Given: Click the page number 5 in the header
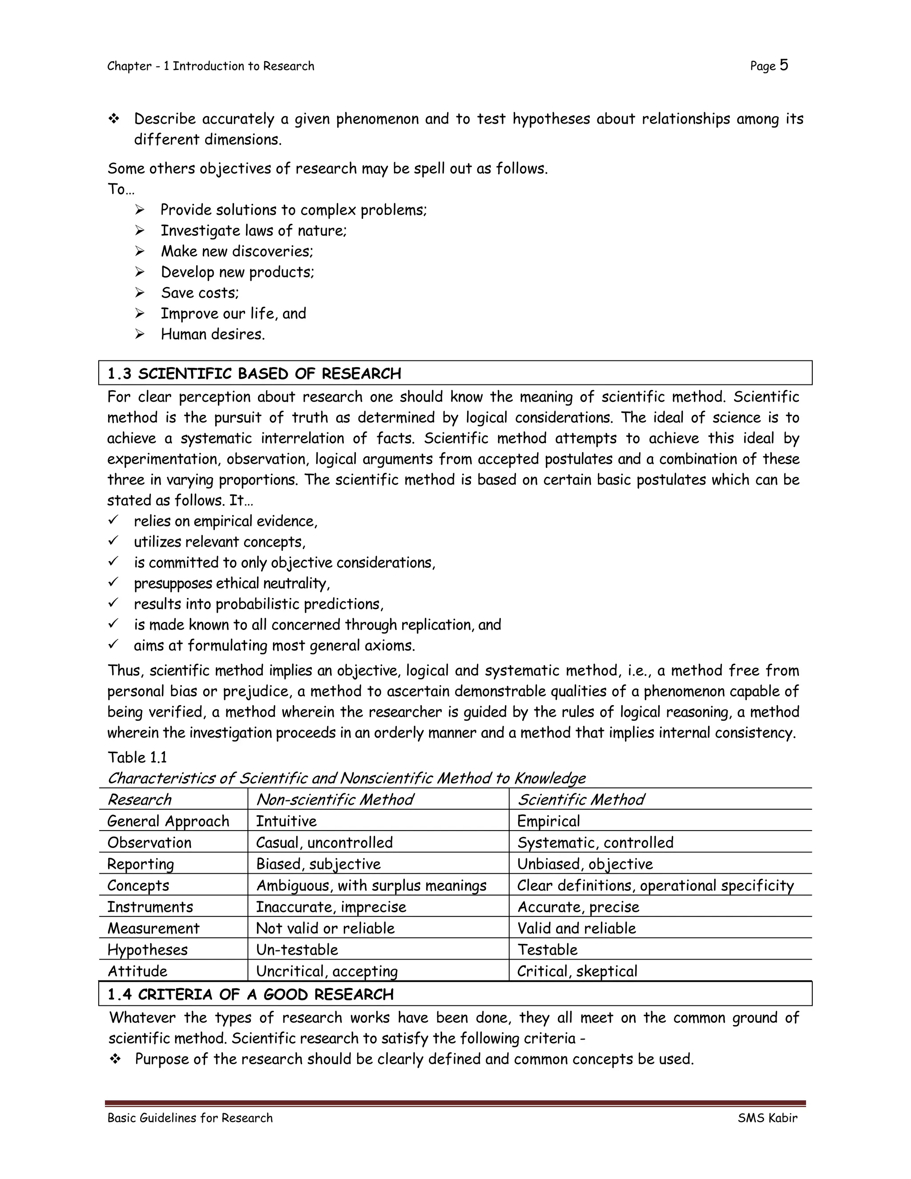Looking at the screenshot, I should coord(784,65).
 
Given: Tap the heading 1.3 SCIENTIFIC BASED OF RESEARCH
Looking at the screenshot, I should coord(254,374).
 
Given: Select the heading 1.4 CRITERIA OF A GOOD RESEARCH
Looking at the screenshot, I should coord(250,994).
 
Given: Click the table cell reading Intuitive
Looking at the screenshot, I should coord(286,821).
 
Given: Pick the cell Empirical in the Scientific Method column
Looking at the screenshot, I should coord(548,821).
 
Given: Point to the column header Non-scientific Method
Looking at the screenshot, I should coord(335,799).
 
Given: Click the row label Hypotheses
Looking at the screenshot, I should coord(147,949).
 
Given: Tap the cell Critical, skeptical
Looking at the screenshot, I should coord(577,971).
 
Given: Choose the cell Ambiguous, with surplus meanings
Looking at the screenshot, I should coord(371,885).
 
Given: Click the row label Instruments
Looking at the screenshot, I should coord(150,907).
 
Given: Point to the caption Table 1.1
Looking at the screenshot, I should coord(137,757).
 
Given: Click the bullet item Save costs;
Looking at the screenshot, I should coord(200,293).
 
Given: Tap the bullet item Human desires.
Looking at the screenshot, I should coord(213,334).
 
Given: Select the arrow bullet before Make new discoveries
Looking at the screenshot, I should coord(140,251).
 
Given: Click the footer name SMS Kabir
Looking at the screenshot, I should coord(767,1118).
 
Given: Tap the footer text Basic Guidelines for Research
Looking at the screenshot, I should coord(190,1118).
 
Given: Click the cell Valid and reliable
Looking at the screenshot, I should coord(576,928).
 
